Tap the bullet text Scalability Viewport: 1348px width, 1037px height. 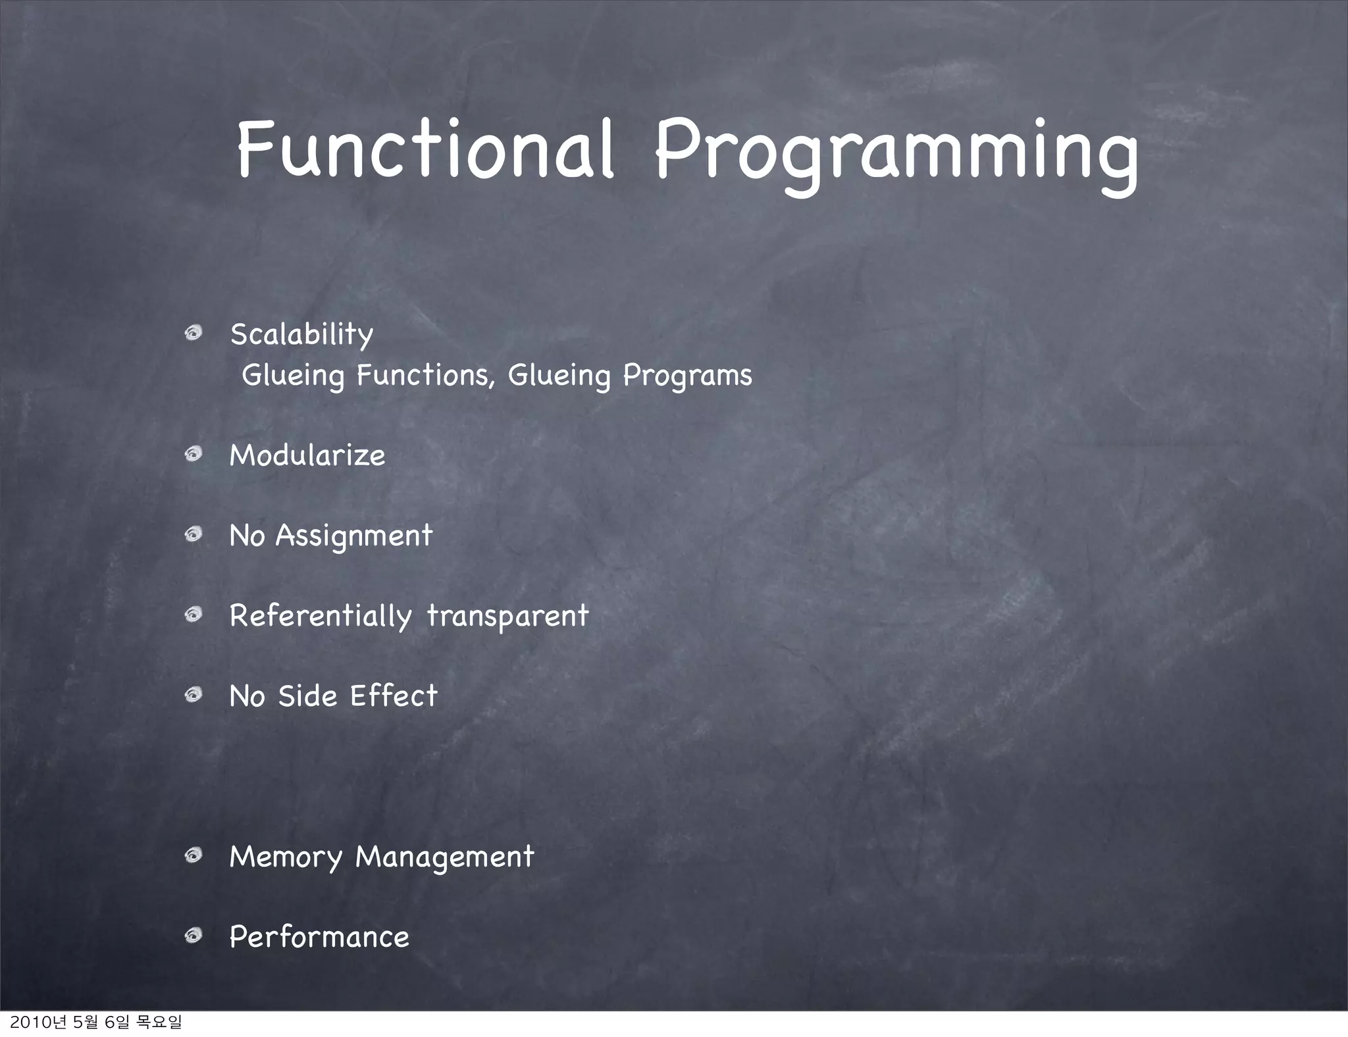(301, 334)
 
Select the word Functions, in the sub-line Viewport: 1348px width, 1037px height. (425, 376)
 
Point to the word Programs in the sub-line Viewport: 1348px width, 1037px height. (687, 376)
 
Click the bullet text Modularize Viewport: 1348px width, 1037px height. (307, 455)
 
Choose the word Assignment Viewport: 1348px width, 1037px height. (354, 536)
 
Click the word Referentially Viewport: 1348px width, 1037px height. (320, 617)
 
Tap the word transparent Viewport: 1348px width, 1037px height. (507, 617)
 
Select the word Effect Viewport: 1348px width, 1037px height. (394, 696)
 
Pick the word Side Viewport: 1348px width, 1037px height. (307, 696)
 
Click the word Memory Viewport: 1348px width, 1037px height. (286, 857)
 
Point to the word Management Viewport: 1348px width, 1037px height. (444, 857)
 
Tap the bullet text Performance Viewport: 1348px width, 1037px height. (319, 937)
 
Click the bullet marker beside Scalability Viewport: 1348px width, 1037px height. (193, 334)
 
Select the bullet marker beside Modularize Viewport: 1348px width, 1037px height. (193, 454)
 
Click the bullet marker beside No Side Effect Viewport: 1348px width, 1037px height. (193, 695)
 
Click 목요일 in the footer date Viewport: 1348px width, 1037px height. (158, 1022)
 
